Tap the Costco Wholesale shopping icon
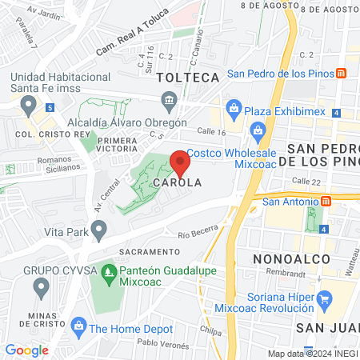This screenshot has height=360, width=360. click(x=258, y=130)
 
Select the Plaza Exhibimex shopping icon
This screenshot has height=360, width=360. click(x=234, y=106)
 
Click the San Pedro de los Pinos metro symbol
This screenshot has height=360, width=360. click(x=342, y=74)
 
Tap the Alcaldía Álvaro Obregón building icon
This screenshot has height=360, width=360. click(x=170, y=99)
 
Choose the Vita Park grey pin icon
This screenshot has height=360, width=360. click(x=99, y=231)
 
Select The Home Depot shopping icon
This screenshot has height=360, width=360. click(x=78, y=326)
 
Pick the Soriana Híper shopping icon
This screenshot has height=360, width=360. click(x=325, y=302)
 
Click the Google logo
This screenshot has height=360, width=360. click(x=26, y=350)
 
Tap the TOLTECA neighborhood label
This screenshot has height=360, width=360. click(x=188, y=78)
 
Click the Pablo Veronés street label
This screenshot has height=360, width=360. click(x=162, y=342)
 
